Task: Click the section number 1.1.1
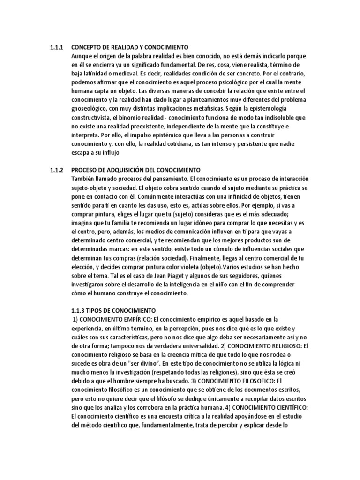(57, 47)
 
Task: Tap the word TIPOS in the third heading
(93, 310)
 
